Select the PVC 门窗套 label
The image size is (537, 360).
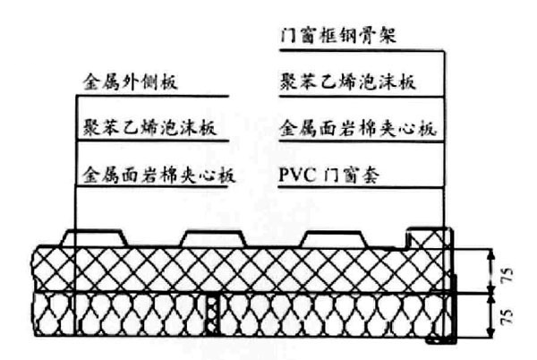click(330, 173)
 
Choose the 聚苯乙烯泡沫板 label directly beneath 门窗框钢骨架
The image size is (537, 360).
click(346, 83)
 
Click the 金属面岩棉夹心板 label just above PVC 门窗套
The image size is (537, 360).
click(357, 128)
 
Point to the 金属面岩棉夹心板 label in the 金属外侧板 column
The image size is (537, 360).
click(158, 173)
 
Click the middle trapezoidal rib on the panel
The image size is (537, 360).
click(209, 237)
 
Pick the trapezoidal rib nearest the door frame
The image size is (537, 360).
click(329, 237)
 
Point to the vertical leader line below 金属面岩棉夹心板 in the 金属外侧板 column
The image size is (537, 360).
click(72, 210)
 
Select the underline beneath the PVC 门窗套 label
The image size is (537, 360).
click(358, 186)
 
